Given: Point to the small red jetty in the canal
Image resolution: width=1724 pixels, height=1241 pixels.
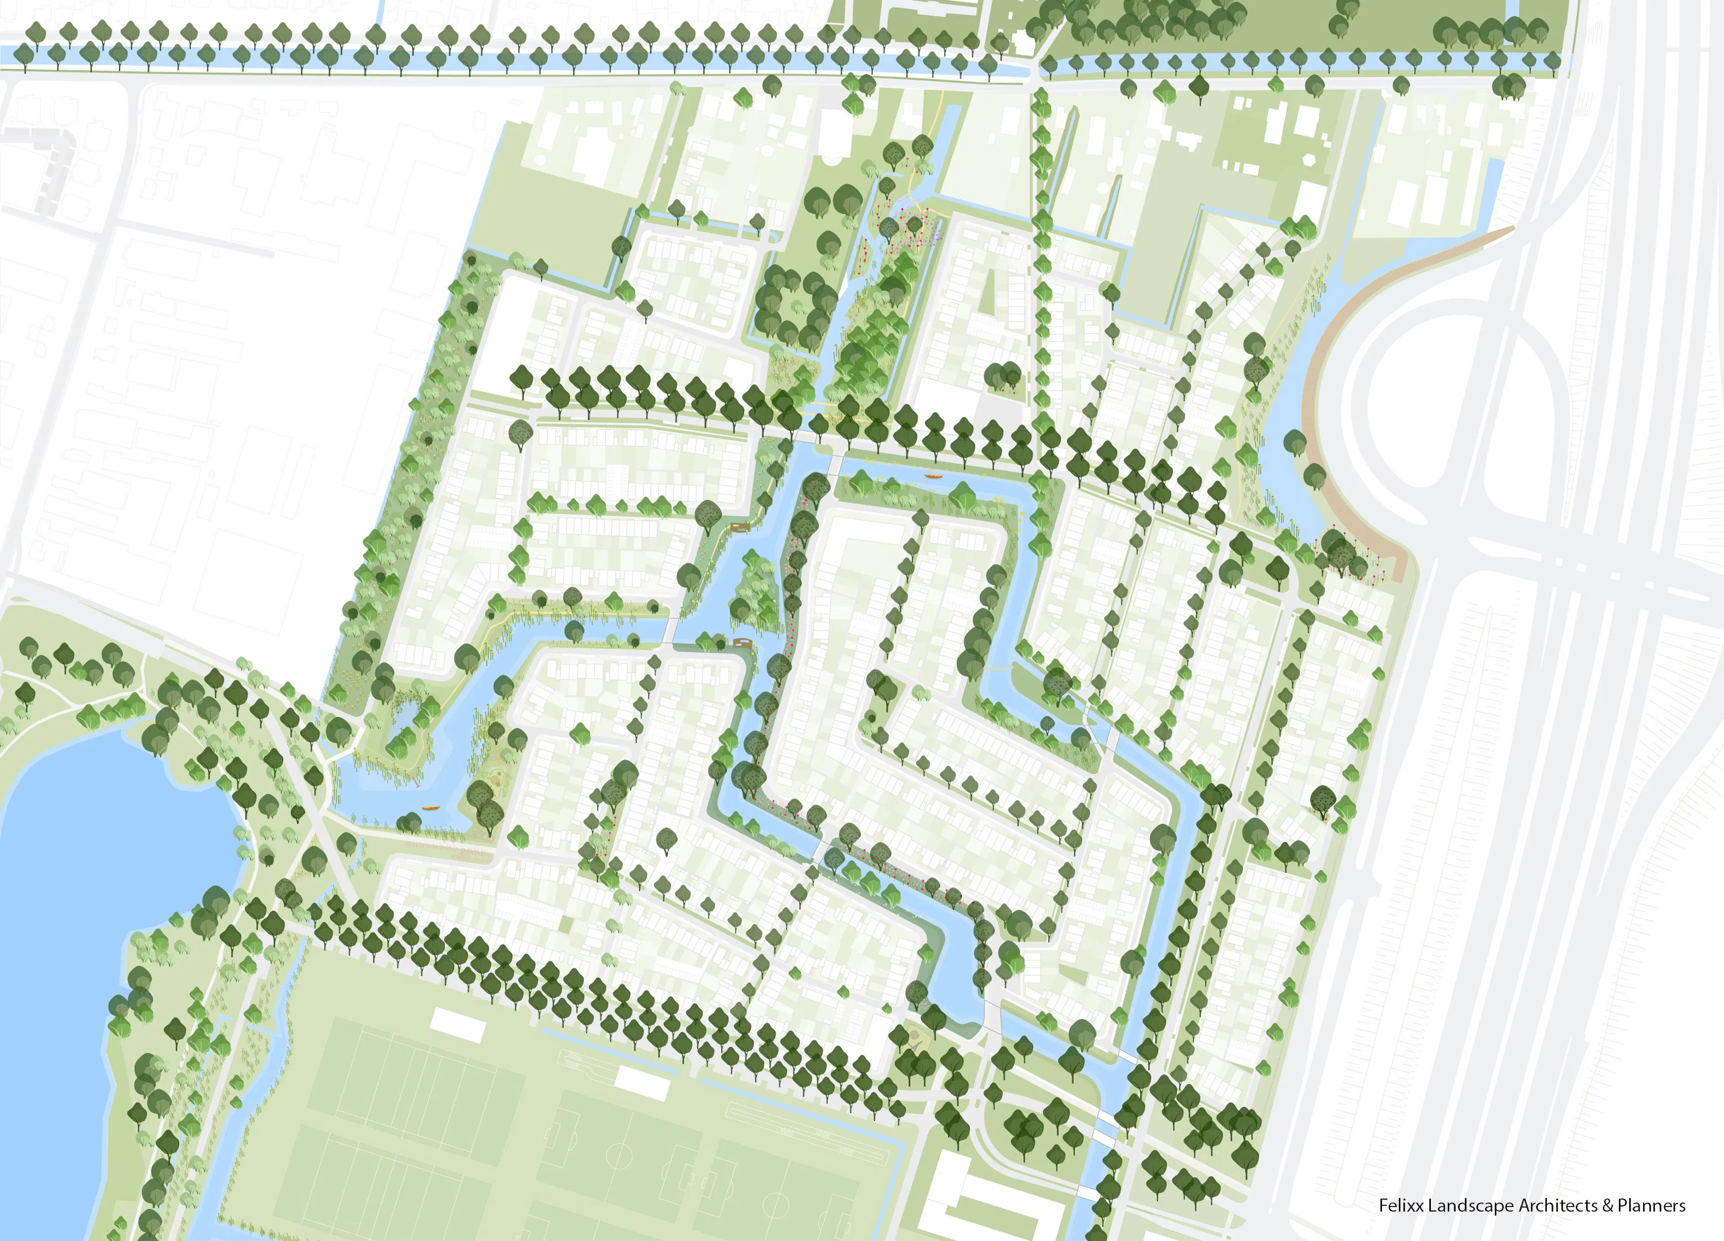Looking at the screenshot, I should click(x=417, y=781).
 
